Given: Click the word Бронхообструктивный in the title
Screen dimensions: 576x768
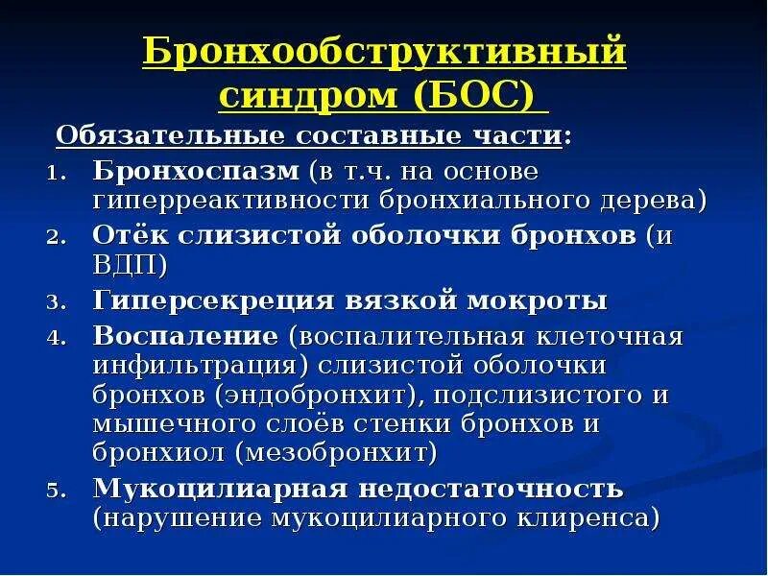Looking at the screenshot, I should (x=384, y=52).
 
